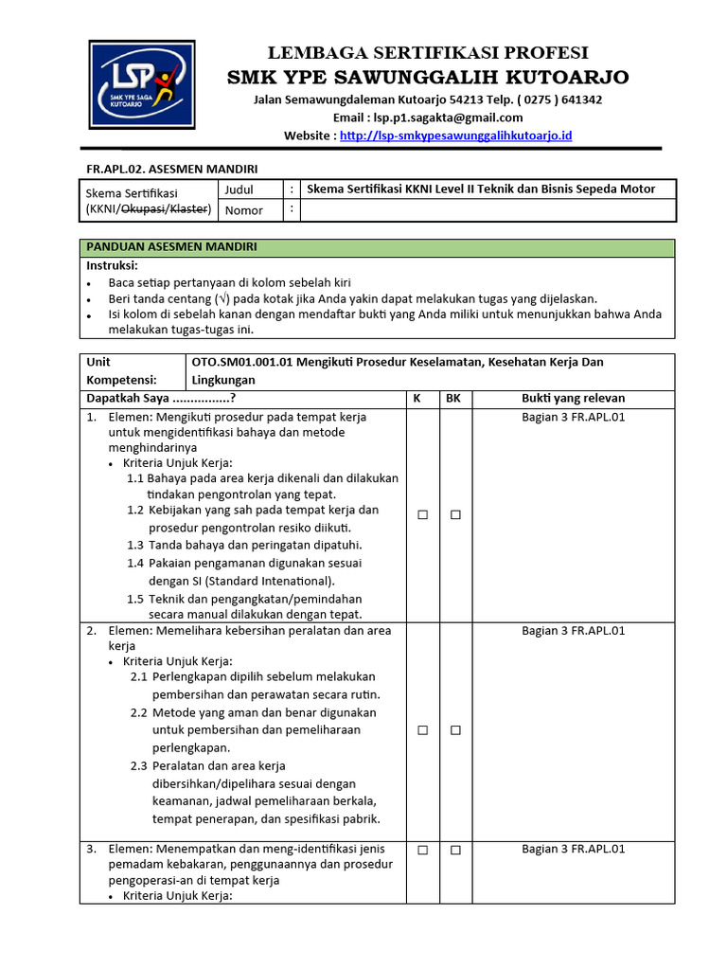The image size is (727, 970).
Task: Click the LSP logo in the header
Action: click(x=143, y=84)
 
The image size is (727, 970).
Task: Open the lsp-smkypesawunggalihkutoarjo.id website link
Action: click(x=455, y=135)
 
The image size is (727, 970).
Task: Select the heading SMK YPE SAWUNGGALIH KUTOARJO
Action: click(x=428, y=77)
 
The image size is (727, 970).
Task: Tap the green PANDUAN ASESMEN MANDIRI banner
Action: click(x=377, y=247)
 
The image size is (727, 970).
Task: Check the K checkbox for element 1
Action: click(x=423, y=514)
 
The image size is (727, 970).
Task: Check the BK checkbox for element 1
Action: click(x=455, y=514)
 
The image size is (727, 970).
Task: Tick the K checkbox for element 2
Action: click(x=423, y=730)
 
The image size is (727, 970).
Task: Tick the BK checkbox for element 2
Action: click(x=455, y=730)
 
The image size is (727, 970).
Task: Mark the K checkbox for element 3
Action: click(x=423, y=851)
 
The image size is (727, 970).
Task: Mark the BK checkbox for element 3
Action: click(x=455, y=851)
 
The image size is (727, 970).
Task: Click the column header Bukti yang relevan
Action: click(x=573, y=399)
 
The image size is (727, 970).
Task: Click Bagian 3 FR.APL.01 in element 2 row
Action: click(x=573, y=631)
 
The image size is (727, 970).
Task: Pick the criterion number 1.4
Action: click(x=135, y=563)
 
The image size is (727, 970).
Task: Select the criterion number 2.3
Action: click(x=139, y=765)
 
